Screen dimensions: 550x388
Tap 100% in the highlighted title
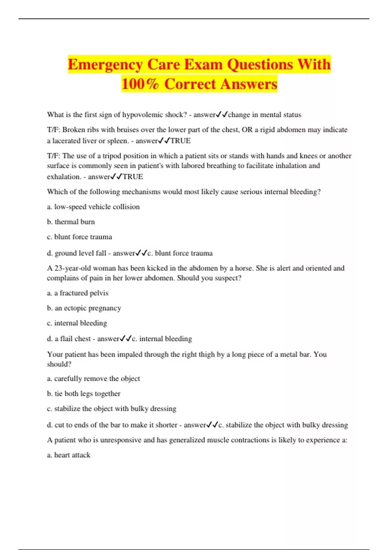(x=140, y=84)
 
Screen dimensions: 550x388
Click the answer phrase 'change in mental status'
(x=264, y=115)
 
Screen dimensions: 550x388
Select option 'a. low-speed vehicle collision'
(x=93, y=207)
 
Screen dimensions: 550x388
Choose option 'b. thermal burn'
(x=71, y=222)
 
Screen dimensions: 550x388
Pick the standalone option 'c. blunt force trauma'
(x=80, y=237)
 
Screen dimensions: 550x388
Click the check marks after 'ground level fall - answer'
(x=141, y=253)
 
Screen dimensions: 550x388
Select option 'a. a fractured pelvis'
(x=78, y=293)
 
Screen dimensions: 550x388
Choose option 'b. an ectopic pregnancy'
(x=84, y=308)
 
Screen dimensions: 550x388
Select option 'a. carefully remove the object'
(x=93, y=379)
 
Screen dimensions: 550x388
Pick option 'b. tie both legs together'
(x=83, y=394)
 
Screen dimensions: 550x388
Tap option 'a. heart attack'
(x=69, y=455)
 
